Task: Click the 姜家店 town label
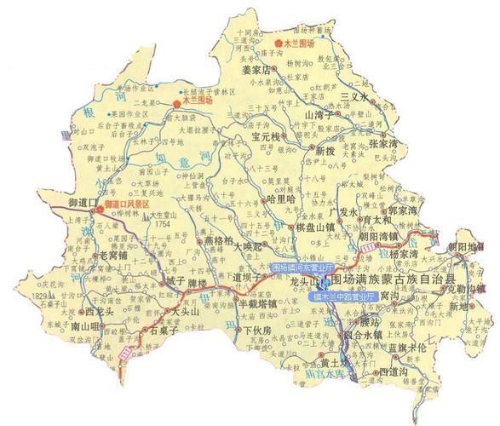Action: tap(255, 69)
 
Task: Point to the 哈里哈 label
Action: tap(280, 198)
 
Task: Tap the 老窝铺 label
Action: tap(113, 254)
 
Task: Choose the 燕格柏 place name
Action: tap(220, 241)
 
